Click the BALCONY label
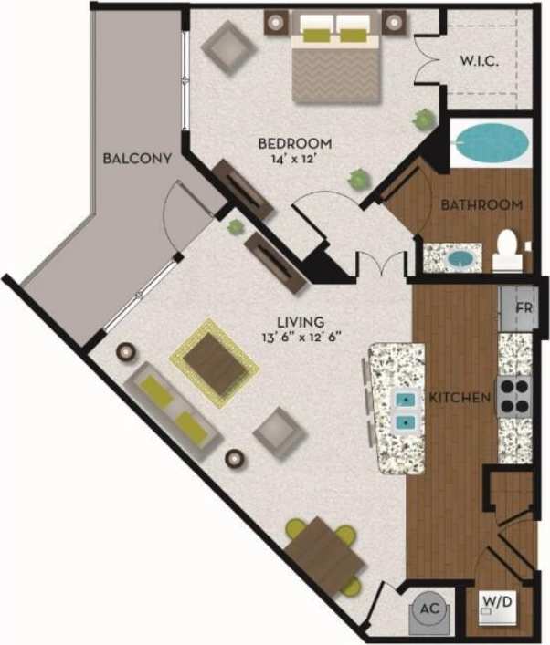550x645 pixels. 137,158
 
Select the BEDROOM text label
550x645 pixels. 294,143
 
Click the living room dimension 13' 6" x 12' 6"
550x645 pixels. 301,338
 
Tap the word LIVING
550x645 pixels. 301,321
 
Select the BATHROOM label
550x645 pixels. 481,204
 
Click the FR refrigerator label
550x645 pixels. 524,307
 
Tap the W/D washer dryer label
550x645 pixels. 497,601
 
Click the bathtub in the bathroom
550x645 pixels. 491,142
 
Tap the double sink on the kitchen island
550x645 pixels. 403,411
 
